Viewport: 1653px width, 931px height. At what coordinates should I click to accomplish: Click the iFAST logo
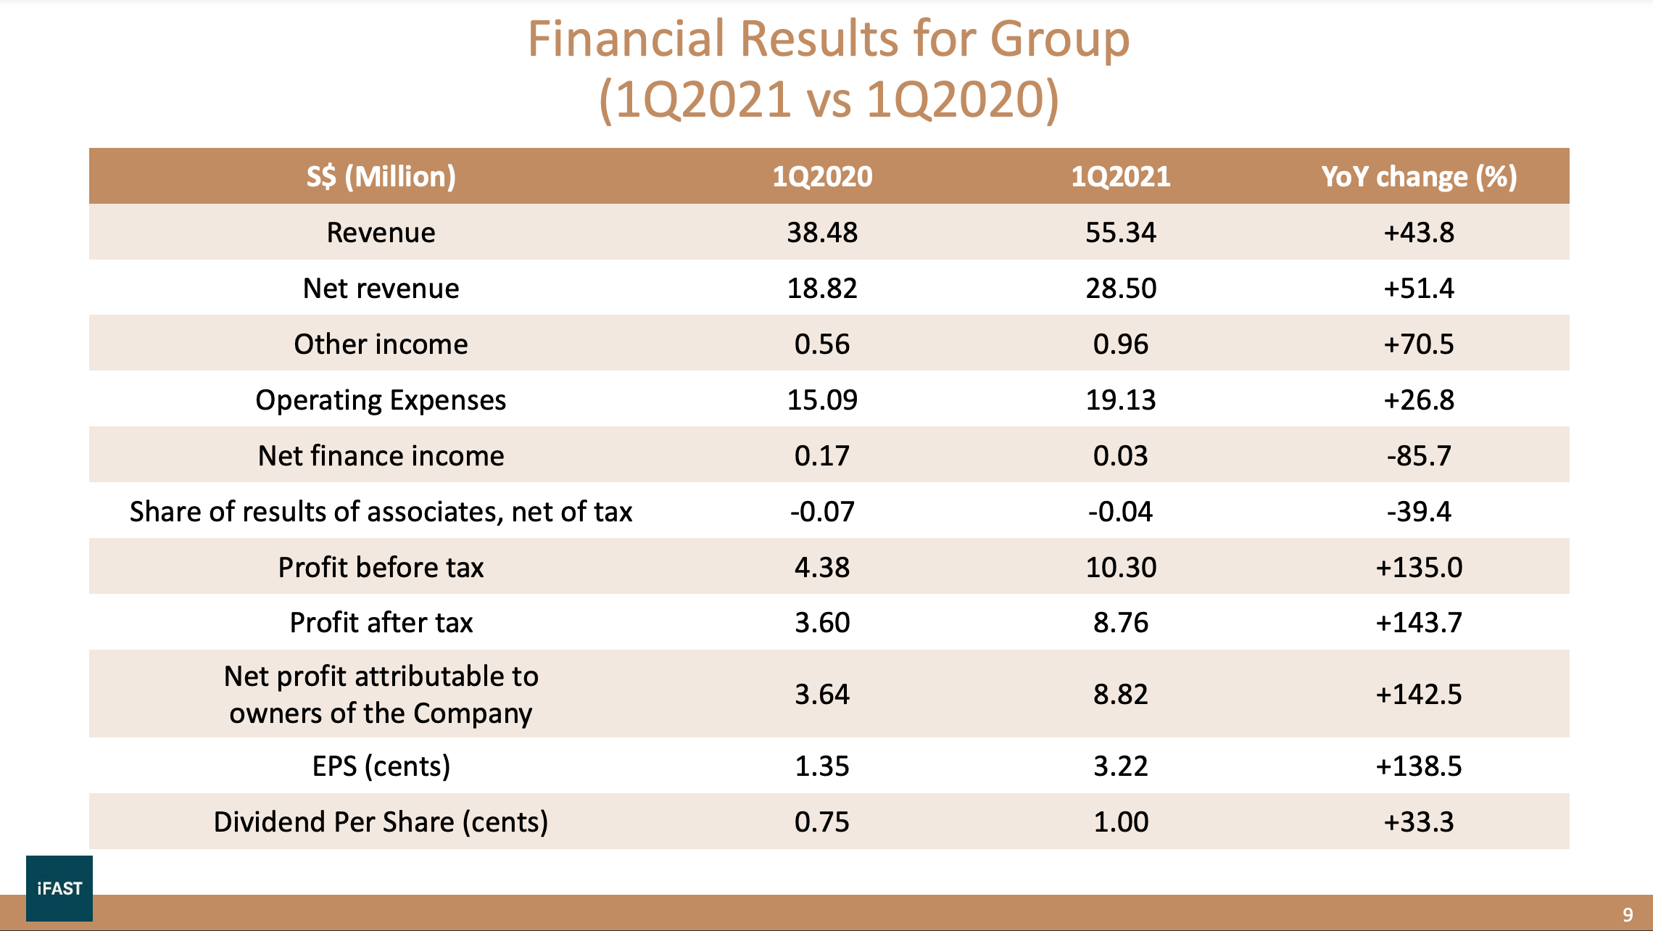click(59, 888)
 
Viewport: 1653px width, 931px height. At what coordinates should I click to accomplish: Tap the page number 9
click(1628, 915)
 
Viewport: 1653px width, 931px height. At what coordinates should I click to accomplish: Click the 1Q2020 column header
click(822, 177)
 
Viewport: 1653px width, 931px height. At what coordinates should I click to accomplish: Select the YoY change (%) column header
click(1419, 177)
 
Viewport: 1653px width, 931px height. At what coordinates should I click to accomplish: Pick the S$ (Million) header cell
click(381, 177)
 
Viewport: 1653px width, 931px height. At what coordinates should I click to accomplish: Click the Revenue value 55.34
click(1120, 233)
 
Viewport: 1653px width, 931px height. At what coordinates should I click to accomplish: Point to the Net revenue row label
click(381, 289)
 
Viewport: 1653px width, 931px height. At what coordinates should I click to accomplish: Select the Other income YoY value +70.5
click(1419, 344)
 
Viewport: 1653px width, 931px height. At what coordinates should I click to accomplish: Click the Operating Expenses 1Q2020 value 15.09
click(822, 400)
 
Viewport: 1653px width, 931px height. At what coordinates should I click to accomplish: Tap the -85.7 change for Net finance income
click(1419, 456)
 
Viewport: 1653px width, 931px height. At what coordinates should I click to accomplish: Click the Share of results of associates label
click(381, 512)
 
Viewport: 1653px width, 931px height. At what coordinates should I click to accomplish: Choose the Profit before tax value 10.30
click(1120, 568)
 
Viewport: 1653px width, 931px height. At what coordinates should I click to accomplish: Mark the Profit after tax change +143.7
click(1419, 623)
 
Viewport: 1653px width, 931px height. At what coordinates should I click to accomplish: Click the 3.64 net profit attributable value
click(822, 695)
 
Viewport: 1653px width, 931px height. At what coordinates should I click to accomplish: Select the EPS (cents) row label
click(381, 766)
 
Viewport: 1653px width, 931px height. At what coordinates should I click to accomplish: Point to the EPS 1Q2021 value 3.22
click(1120, 766)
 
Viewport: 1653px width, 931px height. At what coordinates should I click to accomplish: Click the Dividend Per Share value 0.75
click(822, 822)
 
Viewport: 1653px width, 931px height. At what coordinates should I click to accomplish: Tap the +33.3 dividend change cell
click(1419, 822)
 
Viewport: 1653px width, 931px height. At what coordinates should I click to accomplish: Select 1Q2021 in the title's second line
click(703, 99)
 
